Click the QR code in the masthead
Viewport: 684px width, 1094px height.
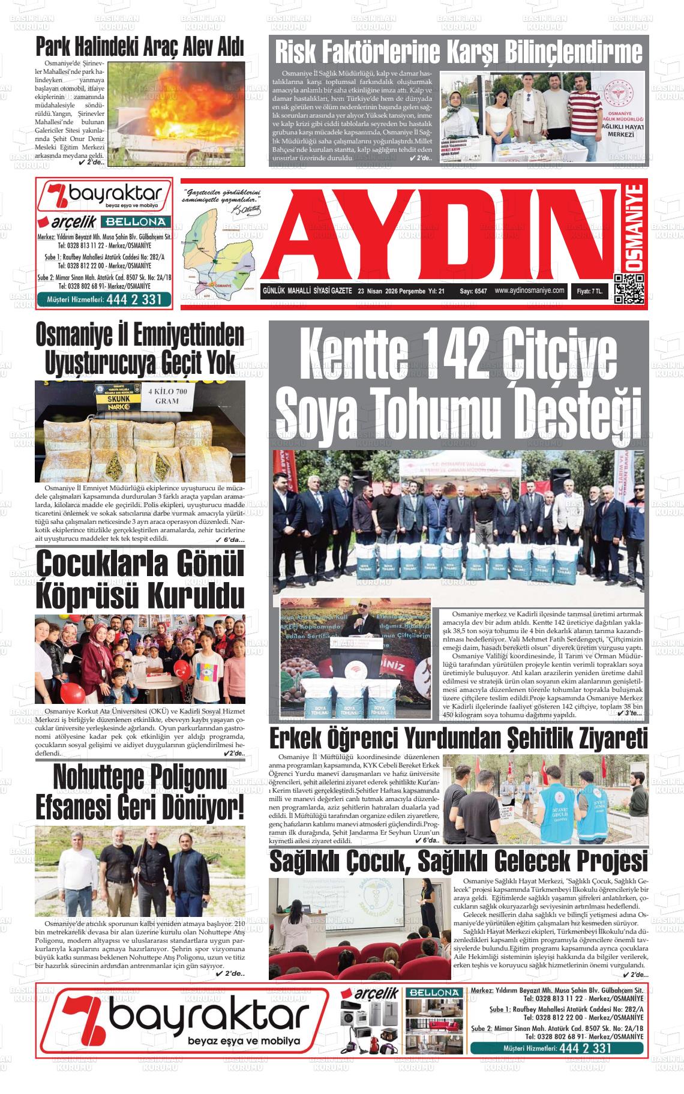[x=629, y=289]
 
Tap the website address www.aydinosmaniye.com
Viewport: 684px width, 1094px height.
[x=530, y=290]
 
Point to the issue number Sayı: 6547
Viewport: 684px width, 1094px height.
[x=473, y=291]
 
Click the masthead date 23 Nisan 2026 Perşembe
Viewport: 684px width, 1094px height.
[x=391, y=291]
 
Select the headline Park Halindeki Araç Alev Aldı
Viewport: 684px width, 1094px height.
[x=139, y=47]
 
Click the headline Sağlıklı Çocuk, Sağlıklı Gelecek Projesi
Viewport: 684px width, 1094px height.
[x=458, y=862]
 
